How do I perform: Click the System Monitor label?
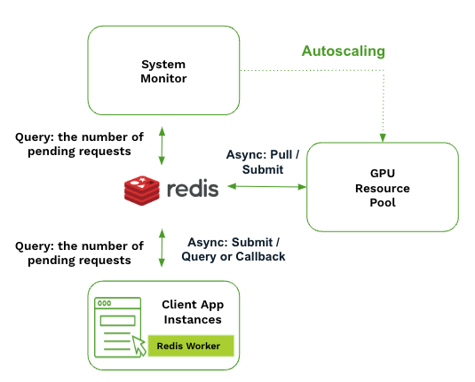pyautogui.click(x=163, y=72)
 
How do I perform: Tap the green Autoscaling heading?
pyautogui.click(x=344, y=51)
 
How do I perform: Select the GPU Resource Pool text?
pyautogui.click(x=383, y=188)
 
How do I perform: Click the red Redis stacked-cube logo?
pyautogui.click(x=142, y=191)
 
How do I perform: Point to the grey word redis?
pyautogui.click(x=193, y=189)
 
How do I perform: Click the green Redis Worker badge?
pyautogui.click(x=191, y=346)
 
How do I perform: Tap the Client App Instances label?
pyautogui.click(x=193, y=312)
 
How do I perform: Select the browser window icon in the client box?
pyautogui.click(x=118, y=328)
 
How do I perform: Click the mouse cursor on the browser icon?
pyautogui.click(x=139, y=346)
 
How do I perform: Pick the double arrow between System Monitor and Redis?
pyautogui.click(x=162, y=145)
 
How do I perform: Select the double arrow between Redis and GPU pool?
pyautogui.click(x=267, y=186)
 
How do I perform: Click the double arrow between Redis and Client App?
pyautogui.click(x=162, y=247)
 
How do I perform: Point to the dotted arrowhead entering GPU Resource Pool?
pyautogui.click(x=383, y=137)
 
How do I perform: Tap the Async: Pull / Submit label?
pyautogui.click(x=263, y=162)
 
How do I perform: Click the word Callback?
pyautogui.click(x=260, y=256)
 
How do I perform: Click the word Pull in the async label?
pyautogui.click(x=281, y=154)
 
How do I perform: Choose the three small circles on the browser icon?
pyautogui.click(x=104, y=303)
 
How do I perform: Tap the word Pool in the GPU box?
pyautogui.click(x=383, y=202)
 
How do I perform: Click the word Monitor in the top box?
pyautogui.click(x=163, y=79)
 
